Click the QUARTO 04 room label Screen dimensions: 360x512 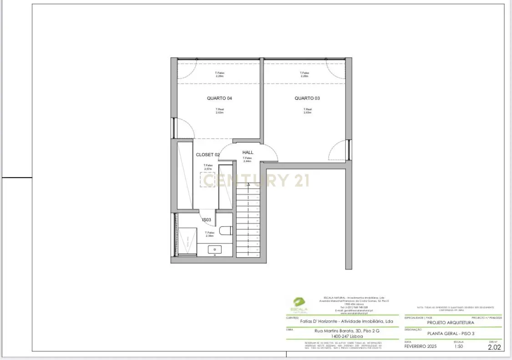coord(219,98)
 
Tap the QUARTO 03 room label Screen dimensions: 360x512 coord(307,98)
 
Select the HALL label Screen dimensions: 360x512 coord(248,152)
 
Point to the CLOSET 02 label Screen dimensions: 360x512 coord(208,155)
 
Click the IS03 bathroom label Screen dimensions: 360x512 coord(207,220)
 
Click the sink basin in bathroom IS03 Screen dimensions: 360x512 coord(214,249)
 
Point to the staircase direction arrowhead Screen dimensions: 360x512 coord(248,184)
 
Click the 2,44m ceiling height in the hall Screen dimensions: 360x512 coord(247,161)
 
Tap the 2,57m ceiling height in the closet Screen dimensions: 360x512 coord(208,169)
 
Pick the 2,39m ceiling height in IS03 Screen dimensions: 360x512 coord(209,236)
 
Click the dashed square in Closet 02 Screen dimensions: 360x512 coord(208,179)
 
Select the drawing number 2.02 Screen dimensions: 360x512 coord(494,347)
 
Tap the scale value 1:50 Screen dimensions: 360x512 coord(459,346)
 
